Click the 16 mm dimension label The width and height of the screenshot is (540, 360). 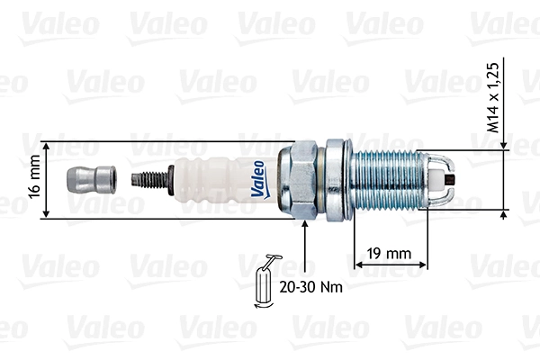pos(33,180)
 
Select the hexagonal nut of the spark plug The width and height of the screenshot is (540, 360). pos(299,179)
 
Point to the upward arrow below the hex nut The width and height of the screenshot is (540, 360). pos(306,228)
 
